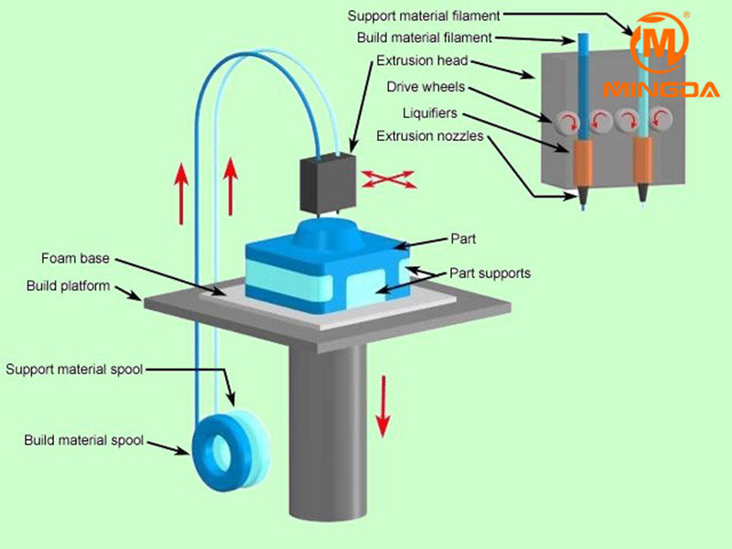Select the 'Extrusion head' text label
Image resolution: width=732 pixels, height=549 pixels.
[423, 62]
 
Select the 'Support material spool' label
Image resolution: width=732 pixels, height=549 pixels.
[74, 370]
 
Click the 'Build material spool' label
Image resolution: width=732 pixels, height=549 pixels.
[83, 440]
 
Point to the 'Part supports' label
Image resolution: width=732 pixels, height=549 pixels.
[490, 273]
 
